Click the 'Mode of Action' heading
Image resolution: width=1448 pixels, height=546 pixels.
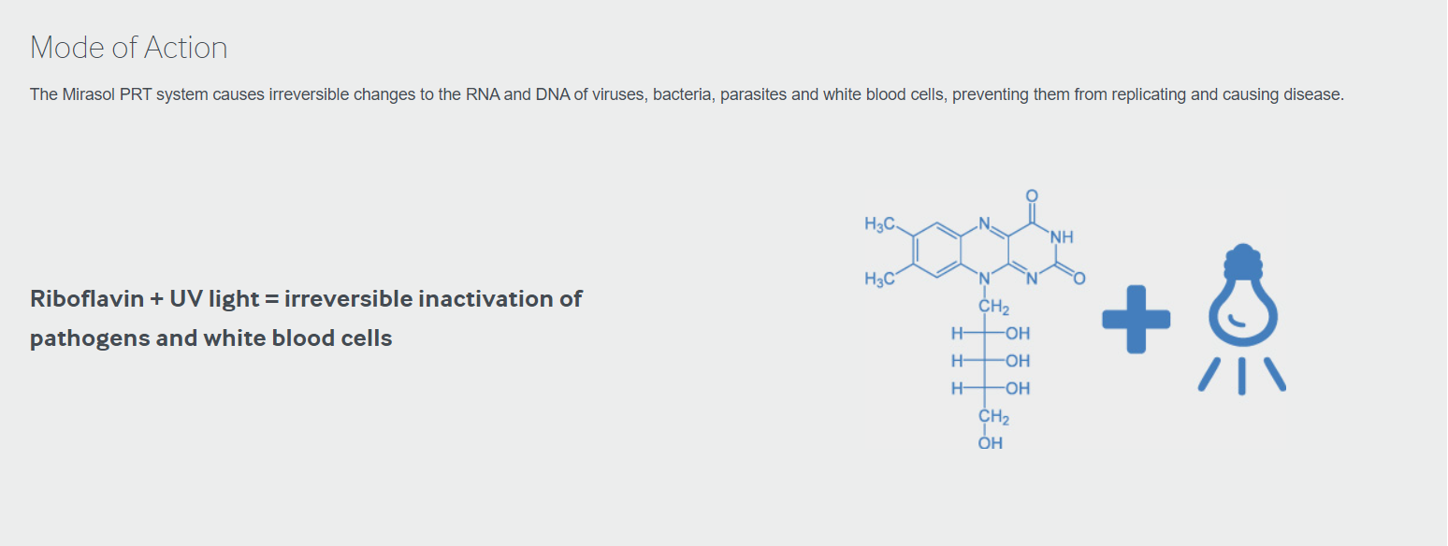pyautogui.click(x=129, y=47)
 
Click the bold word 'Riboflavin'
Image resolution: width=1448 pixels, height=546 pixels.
pyautogui.click(x=87, y=298)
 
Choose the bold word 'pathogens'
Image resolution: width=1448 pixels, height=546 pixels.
pyautogui.click(x=90, y=338)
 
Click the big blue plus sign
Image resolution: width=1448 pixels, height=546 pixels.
pyautogui.click(x=1136, y=319)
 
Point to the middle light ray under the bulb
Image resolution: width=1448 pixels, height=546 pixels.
pyautogui.click(x=1242, y=376)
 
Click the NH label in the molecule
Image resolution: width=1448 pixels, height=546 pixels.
pyautogui.click(x=1062, y=237)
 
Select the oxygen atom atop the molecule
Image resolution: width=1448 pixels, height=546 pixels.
pyautogui.click(x=1032, y=195)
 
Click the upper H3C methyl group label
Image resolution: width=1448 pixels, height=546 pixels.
pyautogui.click(x=879, y=224)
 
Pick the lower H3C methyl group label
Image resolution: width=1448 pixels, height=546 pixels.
pyautogui.click(x=879, y=280)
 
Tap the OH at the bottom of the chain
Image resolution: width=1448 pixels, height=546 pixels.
pyautogui.click(x=991, y=443)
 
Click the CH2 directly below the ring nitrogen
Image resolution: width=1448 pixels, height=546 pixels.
pyautogui.click(x=993, y=307)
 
